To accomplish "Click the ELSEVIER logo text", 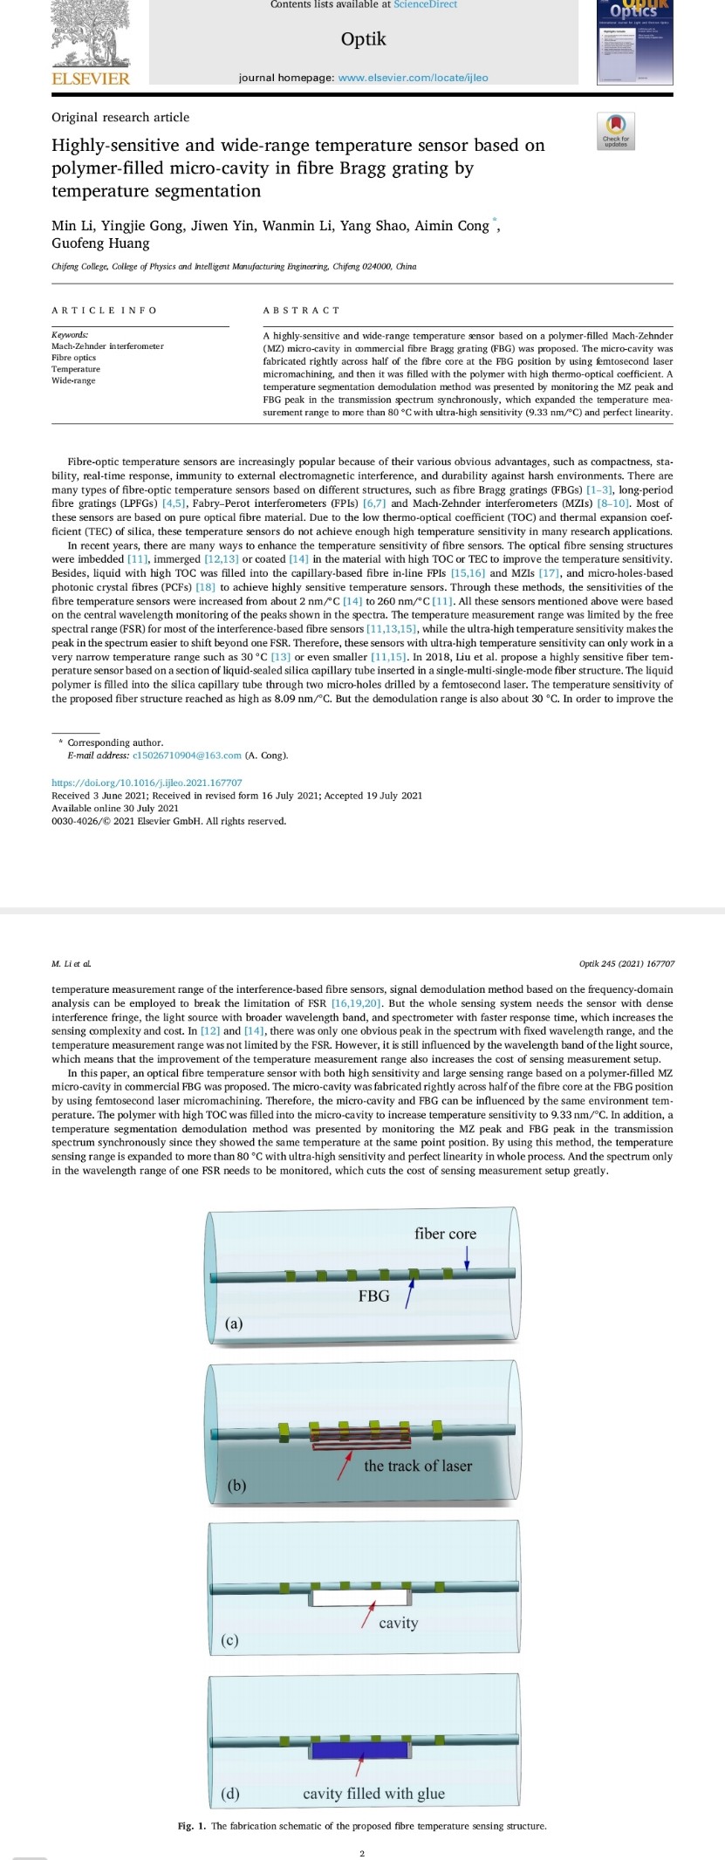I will (91, 79).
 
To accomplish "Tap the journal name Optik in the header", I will (363, 39).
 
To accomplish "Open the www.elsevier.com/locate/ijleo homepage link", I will (413, 78).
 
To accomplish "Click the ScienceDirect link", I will (425, 4).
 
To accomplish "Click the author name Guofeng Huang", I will (100, 243).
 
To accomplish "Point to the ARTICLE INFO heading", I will (104, 311).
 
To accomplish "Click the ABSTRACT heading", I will (301, 311).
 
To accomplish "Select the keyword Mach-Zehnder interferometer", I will (107, 346).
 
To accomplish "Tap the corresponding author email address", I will (187, 756).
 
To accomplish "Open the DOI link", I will (147, 783).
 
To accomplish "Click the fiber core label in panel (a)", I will (445, 1234).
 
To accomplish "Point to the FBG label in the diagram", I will (373, 1296).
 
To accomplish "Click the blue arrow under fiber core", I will (467, 1257).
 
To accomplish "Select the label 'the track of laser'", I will (417, 1467).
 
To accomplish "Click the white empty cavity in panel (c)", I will (360, 1597).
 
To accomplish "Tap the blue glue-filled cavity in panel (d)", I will (360, 1749).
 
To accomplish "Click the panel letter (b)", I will (236, 1485).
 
